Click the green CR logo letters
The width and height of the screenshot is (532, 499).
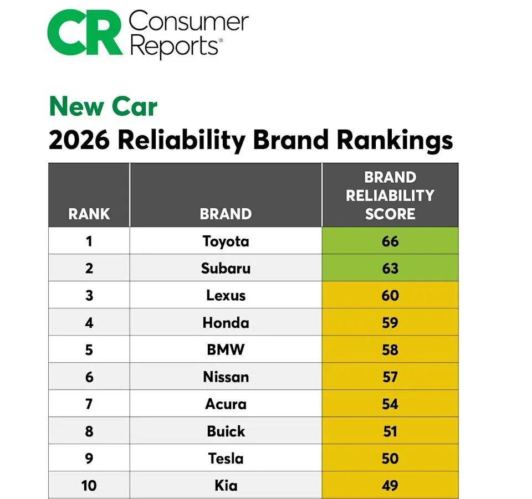pos(85,33)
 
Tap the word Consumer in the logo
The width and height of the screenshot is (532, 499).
pos(188,22)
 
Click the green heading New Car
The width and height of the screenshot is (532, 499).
pos(103,106)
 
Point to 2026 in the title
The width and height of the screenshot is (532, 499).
pos(79,140)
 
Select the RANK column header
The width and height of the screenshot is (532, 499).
pos(89,214)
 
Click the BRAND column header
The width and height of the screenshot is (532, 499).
pos(226,214)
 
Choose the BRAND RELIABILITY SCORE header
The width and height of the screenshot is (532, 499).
pos(390,196)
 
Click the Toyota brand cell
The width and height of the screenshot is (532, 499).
pos(226,241)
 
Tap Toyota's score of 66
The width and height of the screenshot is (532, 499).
pos(390,241)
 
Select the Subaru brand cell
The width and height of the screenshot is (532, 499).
pos(226,268)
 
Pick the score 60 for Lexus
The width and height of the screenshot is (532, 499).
pos(390,295)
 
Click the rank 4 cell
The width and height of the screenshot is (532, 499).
pos(89,322)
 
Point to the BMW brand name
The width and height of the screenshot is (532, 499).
pos(226,349)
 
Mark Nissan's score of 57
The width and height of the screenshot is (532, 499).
pos(390,377)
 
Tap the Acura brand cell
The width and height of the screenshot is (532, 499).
pos(226,404)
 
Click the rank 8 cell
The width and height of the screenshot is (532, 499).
pos(89,431)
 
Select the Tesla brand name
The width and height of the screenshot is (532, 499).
pos(226,458)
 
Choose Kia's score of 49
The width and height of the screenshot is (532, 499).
pos(390,485)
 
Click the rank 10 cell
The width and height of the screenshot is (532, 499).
pos(89,485)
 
